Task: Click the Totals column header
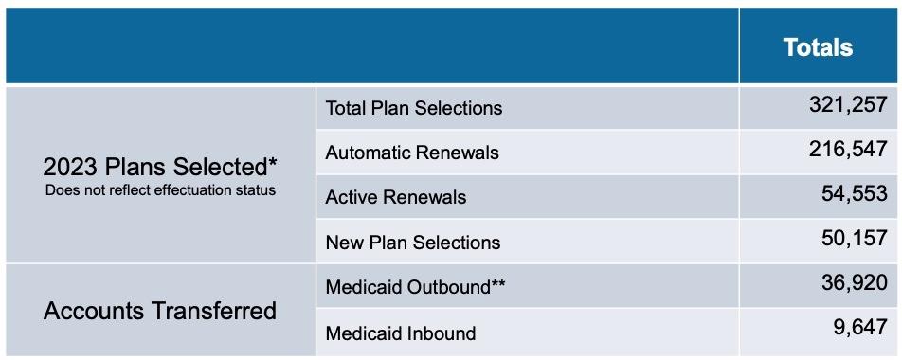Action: [x=818, y=47]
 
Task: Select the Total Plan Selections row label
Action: [x=414, y=108]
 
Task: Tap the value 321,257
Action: [x=849, y=105]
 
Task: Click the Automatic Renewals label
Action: [x=412, y=153]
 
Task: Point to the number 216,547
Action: [x=849, y=150]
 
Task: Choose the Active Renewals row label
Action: [x=396, y=197]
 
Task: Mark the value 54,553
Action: [x=855, y=194]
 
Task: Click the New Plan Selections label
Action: [x=413, y=243]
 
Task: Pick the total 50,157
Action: [x=855, y=238]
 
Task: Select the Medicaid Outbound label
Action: [x=416, y=287]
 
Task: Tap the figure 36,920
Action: [x=855, y=283]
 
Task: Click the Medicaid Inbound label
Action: [x=401, y=333]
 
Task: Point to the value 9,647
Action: [x=860, y=328]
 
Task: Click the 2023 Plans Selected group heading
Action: [x=160, y=168]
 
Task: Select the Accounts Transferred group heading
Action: [x=160, y=311]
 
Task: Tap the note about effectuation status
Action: [x=160, y=189]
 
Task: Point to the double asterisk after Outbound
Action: [x=497, y=283]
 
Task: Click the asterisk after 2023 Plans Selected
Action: [x=272, y=162]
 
